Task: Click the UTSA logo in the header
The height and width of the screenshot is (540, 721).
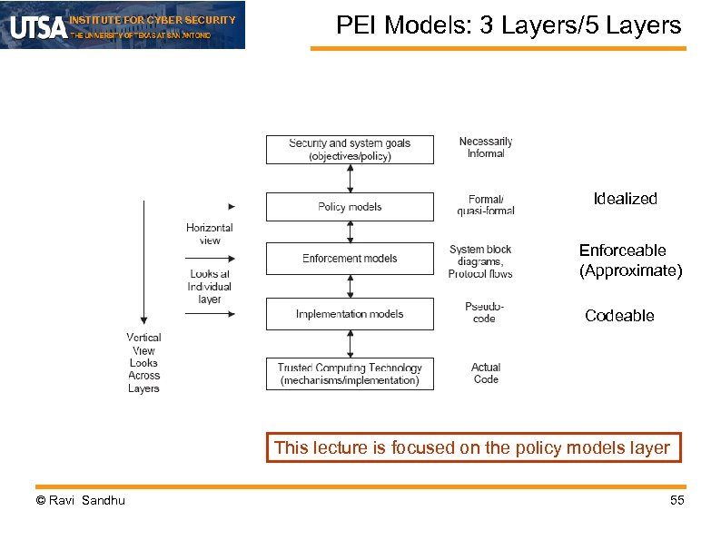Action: click(38, 26)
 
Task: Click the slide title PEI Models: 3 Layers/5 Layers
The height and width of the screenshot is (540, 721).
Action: click(508, 25)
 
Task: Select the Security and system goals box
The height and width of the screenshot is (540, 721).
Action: click(350, 150)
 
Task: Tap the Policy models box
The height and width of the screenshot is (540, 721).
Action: click(350, 207)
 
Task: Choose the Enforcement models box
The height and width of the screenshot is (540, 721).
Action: click(350, 259)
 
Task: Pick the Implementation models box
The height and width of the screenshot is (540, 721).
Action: click(350, 314)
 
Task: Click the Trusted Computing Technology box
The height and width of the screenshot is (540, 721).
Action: click(350, 374)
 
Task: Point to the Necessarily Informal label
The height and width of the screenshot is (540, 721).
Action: click(486, 148)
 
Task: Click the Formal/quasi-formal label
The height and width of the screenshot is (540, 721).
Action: click(486, 205)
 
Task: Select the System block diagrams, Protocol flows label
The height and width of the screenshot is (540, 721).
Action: click(480, 261)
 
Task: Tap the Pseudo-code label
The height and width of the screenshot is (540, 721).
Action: click(484, 313)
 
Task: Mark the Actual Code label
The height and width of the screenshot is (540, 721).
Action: click(486, 373)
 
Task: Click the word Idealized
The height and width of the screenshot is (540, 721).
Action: click(625, 199)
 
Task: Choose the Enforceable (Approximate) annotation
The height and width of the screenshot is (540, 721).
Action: click(630, 260)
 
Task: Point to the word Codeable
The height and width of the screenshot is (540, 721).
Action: click(619, 316)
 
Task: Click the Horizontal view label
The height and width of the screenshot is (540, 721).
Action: click(210, 234)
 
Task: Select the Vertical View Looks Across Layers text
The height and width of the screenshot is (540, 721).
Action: click(143, 363)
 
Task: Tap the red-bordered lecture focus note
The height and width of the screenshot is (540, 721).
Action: click(473, 447)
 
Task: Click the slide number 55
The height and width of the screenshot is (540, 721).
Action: click(677, 501)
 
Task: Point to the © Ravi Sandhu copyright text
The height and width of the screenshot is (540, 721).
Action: click(80, 501)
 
